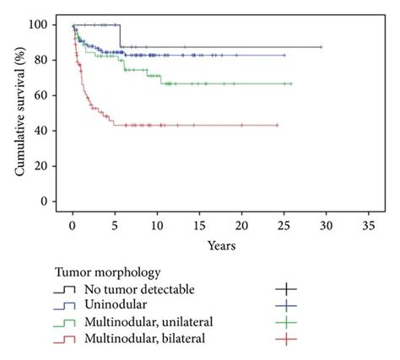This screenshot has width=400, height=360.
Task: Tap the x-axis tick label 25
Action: [283, 227]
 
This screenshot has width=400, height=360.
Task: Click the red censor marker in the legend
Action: [289, 338]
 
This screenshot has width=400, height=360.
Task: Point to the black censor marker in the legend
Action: [289, 290]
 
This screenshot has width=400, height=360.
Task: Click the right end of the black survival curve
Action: [321, 47]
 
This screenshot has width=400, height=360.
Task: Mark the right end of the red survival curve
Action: [277, 125]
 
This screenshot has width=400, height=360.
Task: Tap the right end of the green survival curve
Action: [291, 83]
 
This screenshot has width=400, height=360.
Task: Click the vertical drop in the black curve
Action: [120, 36]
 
